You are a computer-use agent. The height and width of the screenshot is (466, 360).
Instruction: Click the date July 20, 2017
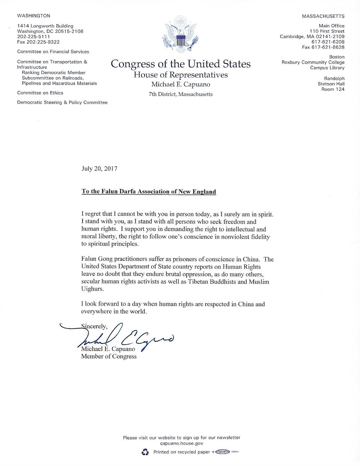99,169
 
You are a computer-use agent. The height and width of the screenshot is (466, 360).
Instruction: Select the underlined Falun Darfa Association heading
148,192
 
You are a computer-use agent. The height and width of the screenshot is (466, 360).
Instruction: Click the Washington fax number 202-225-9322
38,42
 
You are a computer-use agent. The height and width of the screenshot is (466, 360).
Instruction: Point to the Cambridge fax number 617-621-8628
323,47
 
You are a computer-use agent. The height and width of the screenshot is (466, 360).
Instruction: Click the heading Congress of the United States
181,64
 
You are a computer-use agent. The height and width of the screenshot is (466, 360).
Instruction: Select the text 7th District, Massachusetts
181,94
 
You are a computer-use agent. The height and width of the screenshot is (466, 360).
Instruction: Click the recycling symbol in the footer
145,452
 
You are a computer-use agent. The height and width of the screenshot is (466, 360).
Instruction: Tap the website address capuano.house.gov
182,444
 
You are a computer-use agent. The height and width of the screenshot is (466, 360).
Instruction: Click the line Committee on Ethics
40,93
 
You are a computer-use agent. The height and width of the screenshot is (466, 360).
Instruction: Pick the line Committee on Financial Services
53,52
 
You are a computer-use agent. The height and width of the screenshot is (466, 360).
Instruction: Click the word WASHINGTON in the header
33,16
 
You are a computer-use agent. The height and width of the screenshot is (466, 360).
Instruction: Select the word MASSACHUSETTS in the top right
323,16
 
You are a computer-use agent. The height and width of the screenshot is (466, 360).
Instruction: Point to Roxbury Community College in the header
313,62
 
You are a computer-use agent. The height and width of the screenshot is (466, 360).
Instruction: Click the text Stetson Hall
331,84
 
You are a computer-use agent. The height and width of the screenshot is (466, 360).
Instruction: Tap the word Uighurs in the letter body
92,289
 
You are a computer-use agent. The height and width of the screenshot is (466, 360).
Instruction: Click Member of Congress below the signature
109,357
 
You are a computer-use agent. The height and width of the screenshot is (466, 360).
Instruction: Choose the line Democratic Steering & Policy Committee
62,103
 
